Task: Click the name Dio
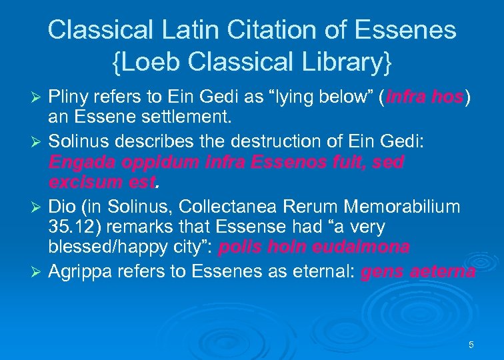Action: [61, 205]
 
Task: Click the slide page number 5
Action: [471, 345]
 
